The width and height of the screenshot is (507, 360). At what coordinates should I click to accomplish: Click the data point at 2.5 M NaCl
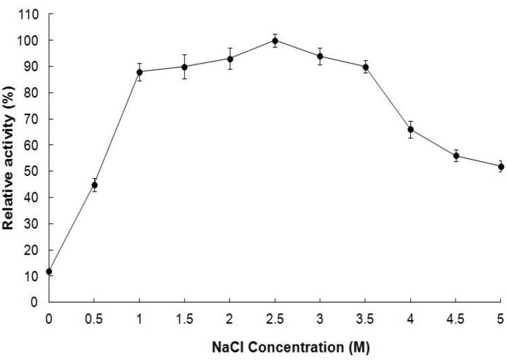pyautogui.click(x=275, y=41)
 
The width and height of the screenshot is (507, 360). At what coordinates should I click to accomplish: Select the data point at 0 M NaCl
pyautogui.click(x=49, y=271)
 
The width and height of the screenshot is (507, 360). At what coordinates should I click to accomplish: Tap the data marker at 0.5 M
pyautogui.click(x=95, y=185)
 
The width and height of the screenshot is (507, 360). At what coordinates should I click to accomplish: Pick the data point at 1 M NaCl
pyautogui.click(x=139, y=72)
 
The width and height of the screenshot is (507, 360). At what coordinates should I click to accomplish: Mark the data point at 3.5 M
pyautogui.click(x=366, y=66)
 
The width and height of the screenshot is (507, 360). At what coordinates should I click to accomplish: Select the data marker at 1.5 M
pyautogui.click(x=185, y=66)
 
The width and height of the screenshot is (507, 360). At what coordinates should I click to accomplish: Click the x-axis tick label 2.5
pyautogui.click(x=275, y=317)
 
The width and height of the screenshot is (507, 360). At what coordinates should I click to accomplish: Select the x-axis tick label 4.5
pyautogui.click(x=456, y=317)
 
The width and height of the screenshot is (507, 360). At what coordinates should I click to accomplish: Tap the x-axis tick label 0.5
pyautogui.click(x=94, y=317)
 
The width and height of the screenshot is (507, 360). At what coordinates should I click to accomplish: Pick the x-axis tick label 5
pyautogui.click(x=501, y=317)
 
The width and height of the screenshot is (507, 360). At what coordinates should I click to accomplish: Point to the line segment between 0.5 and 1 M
pyautogui.click(x=117, y=129)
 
